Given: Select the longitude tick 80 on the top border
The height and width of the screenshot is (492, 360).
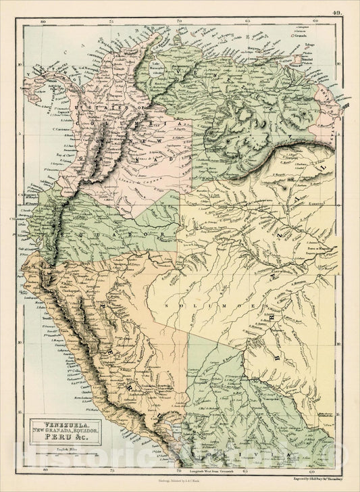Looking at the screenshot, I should pyautogui.click(x=42, y=22).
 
